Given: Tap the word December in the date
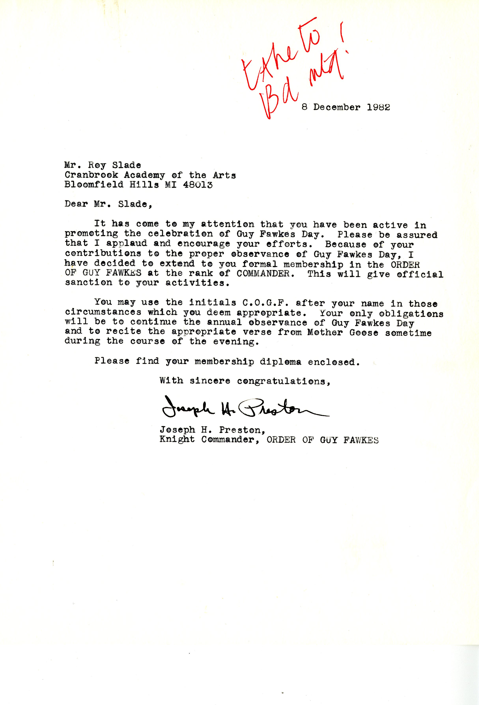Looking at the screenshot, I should coord(337,107).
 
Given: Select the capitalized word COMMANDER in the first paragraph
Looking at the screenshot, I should coord(263,273).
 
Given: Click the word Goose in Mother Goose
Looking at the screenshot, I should coord(364,333).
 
